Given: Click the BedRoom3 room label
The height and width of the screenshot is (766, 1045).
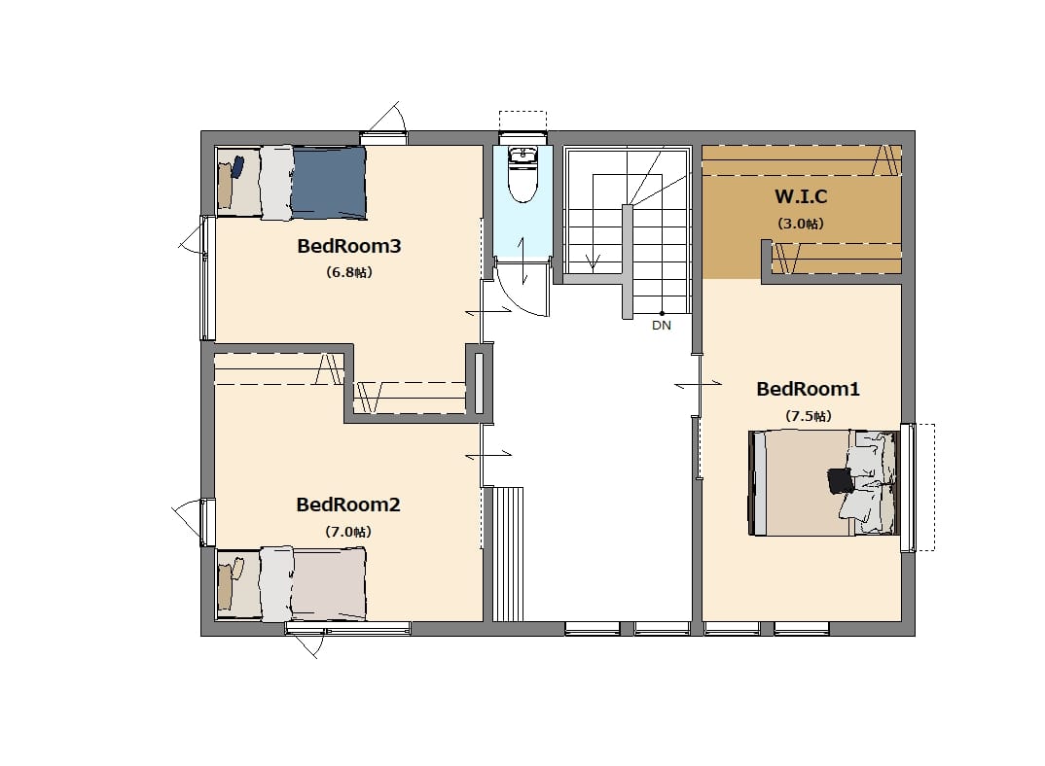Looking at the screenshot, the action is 348,246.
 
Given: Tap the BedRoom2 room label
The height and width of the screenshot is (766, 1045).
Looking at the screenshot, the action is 348,505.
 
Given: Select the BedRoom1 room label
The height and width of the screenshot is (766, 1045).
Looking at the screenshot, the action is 808,389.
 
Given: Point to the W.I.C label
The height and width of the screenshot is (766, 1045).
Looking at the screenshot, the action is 801,196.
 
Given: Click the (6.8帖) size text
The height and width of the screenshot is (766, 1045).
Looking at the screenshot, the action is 348,272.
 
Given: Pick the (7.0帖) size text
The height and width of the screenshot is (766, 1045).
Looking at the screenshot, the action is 348,532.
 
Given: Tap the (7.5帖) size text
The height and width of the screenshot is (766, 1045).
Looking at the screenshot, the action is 808,416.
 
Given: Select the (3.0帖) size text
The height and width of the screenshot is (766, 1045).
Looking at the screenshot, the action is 801,224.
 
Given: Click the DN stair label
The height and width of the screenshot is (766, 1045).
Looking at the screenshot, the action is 661,326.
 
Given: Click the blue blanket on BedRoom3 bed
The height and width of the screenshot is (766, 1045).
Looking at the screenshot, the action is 329,183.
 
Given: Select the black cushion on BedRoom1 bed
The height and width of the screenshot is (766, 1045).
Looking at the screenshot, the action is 841,480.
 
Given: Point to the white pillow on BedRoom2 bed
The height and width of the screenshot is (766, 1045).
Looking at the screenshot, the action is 276,584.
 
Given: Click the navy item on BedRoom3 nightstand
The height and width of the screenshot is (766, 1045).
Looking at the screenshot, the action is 237,166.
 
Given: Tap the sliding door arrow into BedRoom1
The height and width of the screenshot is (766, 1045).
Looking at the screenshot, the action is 698,384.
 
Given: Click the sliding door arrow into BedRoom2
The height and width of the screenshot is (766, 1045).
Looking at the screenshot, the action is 488,454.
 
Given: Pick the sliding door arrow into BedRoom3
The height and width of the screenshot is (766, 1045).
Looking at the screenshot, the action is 488,310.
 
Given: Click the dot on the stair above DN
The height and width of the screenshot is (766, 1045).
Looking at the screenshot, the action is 662,313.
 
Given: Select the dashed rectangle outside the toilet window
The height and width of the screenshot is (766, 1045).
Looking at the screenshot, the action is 523,121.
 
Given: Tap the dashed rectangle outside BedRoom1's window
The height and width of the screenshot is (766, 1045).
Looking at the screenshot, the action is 924,487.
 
